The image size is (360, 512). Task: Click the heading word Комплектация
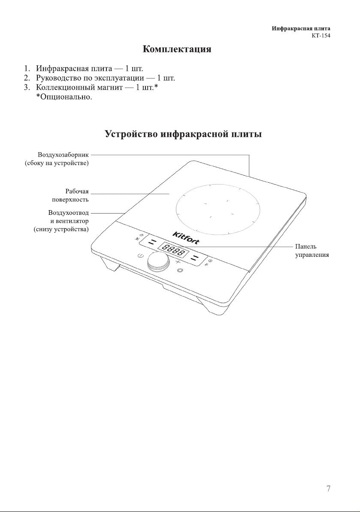177,49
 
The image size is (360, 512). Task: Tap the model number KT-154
321,36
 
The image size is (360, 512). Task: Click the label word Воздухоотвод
68,213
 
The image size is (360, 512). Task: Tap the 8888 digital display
174,250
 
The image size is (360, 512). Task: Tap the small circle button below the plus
180,270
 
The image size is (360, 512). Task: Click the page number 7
328,488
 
